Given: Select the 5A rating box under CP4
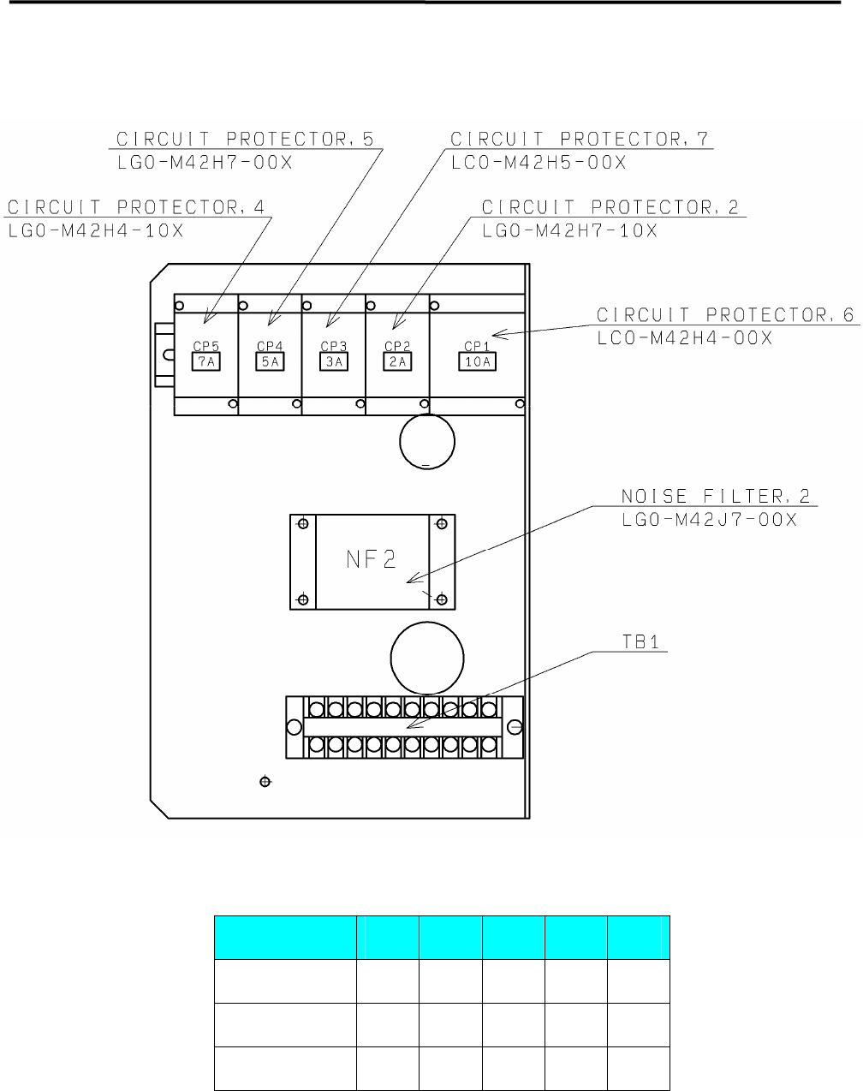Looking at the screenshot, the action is point(270,362).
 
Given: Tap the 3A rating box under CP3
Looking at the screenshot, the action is point(333,362).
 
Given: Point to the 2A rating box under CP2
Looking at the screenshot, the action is point(396,362).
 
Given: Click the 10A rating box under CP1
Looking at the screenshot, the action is point(476,362).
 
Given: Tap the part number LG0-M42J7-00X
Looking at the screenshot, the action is point(708,520).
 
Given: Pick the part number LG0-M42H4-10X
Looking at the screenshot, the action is point(95,231).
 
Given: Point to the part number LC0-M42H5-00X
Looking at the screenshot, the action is point(539,162).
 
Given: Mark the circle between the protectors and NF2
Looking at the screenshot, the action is point(427,442).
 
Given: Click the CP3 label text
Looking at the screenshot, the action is point(333,347).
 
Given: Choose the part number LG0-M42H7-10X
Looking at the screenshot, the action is point(569,231).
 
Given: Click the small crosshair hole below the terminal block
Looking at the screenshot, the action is point(265,782).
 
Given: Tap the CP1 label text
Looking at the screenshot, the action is point(476,347).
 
